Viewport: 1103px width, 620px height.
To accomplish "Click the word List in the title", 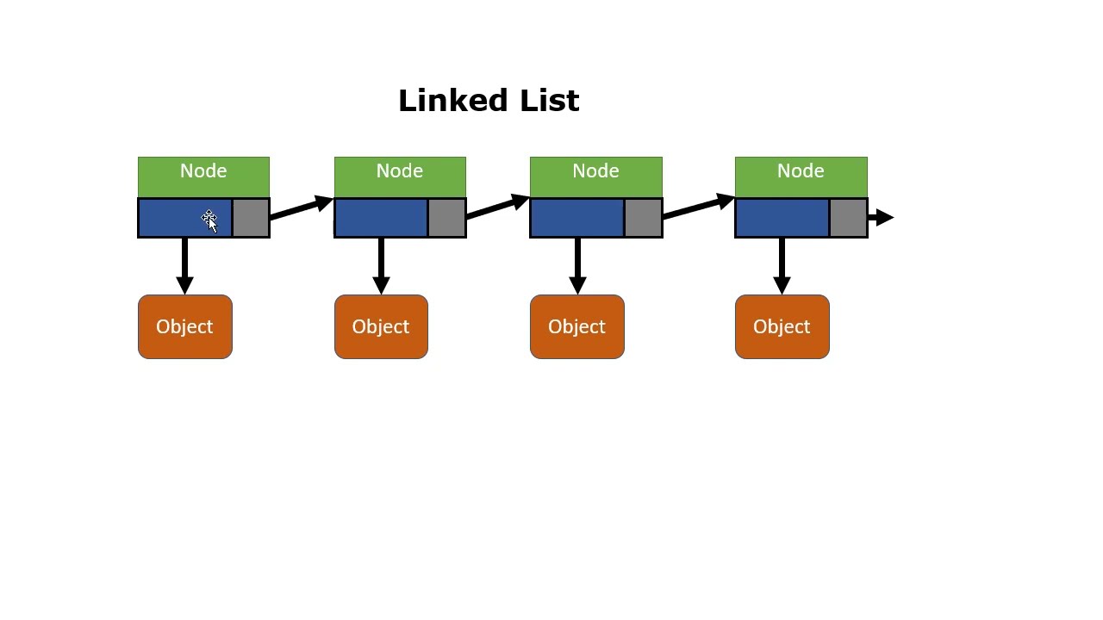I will (550, 101).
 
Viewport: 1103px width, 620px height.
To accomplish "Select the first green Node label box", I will (203, 176).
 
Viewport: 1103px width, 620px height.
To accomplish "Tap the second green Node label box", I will (400, 176).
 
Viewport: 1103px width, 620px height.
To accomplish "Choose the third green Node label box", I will (595, 176).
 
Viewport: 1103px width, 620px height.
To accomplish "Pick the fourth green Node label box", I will (801, 176).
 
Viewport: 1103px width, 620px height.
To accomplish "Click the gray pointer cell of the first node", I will (251, 218).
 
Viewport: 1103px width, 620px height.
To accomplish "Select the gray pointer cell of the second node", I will (446, 218).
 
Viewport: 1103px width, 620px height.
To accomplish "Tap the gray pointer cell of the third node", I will (643, 218).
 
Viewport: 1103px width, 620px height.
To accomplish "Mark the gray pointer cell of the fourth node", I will (848, 218).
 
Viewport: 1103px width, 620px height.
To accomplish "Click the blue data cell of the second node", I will (381, 218).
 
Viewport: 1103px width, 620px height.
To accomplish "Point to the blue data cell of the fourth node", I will (782, 218).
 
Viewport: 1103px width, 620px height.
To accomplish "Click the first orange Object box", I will (184, 326).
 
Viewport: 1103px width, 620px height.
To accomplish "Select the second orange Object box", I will (381, 326).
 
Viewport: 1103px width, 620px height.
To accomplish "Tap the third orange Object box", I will (576, 326).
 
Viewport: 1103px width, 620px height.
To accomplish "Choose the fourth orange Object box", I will (782, 326).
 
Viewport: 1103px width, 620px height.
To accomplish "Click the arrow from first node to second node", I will (301, 209).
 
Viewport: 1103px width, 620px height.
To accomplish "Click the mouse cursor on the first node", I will (209, 220).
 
